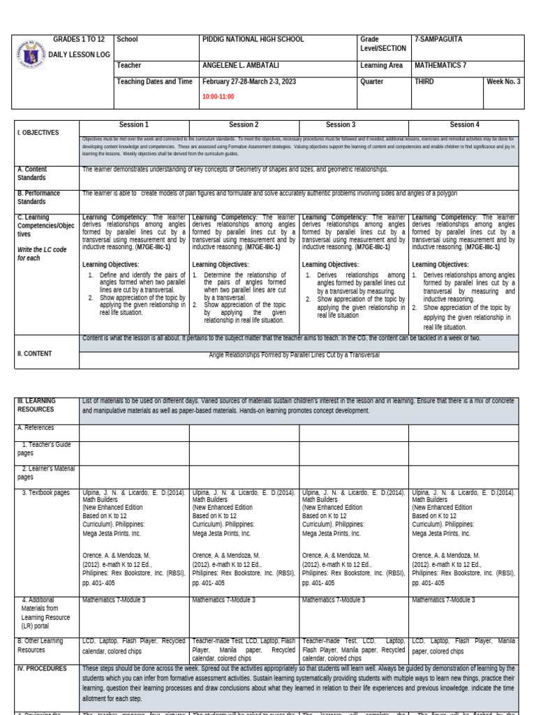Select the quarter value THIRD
click(x=424, y=82)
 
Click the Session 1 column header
click(x=134, y=125)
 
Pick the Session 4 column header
click(x=464, y=125)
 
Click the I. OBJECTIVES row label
click(x=39, y=133)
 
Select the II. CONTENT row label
click(x=35, y=354)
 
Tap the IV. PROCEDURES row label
click(x=43, y=668)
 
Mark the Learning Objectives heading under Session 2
click(x=221, y=265)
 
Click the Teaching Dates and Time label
click(x=154, y=82)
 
